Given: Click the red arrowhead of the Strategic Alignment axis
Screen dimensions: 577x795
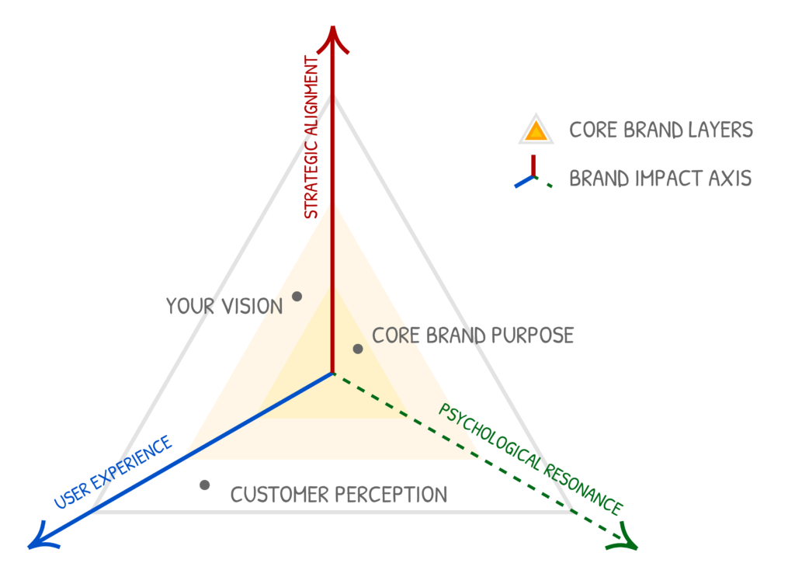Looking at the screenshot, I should click(x=332, y=39).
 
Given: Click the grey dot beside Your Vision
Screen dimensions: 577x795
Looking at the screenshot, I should click(x=297, y=296).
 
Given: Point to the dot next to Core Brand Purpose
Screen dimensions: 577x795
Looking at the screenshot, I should click(x=358, y=349).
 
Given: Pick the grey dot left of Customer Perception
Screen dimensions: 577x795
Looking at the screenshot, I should click(x=204, y=485).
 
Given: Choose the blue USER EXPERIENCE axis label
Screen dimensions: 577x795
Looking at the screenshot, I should click(x=113, y=473).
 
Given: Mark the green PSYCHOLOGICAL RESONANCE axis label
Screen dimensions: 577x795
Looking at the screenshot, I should click(x=530, y=459).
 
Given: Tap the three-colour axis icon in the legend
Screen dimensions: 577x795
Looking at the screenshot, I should click(x=533, y=176).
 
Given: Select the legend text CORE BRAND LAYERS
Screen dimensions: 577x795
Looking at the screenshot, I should click(x=661, y=130).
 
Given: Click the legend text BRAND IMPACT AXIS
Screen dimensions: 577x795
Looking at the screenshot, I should click(x=660, y=179).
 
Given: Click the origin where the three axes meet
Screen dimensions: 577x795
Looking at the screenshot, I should click(x=332, y=374).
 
